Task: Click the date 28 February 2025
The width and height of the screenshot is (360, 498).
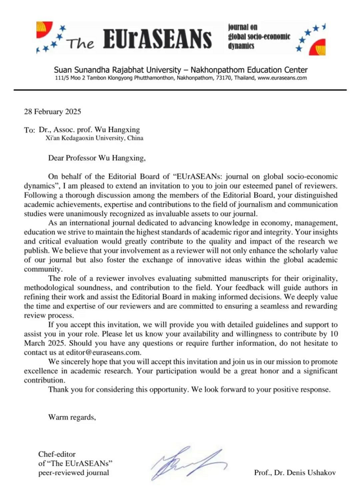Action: [52, 110]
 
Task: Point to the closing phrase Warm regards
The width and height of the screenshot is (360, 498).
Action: [72, 417]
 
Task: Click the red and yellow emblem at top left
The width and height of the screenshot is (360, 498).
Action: [45, 30]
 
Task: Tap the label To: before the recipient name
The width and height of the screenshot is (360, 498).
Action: [29, 130]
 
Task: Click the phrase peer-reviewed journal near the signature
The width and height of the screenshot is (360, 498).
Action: [73, 473]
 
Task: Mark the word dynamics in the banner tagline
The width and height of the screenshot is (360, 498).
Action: [243, 45]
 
